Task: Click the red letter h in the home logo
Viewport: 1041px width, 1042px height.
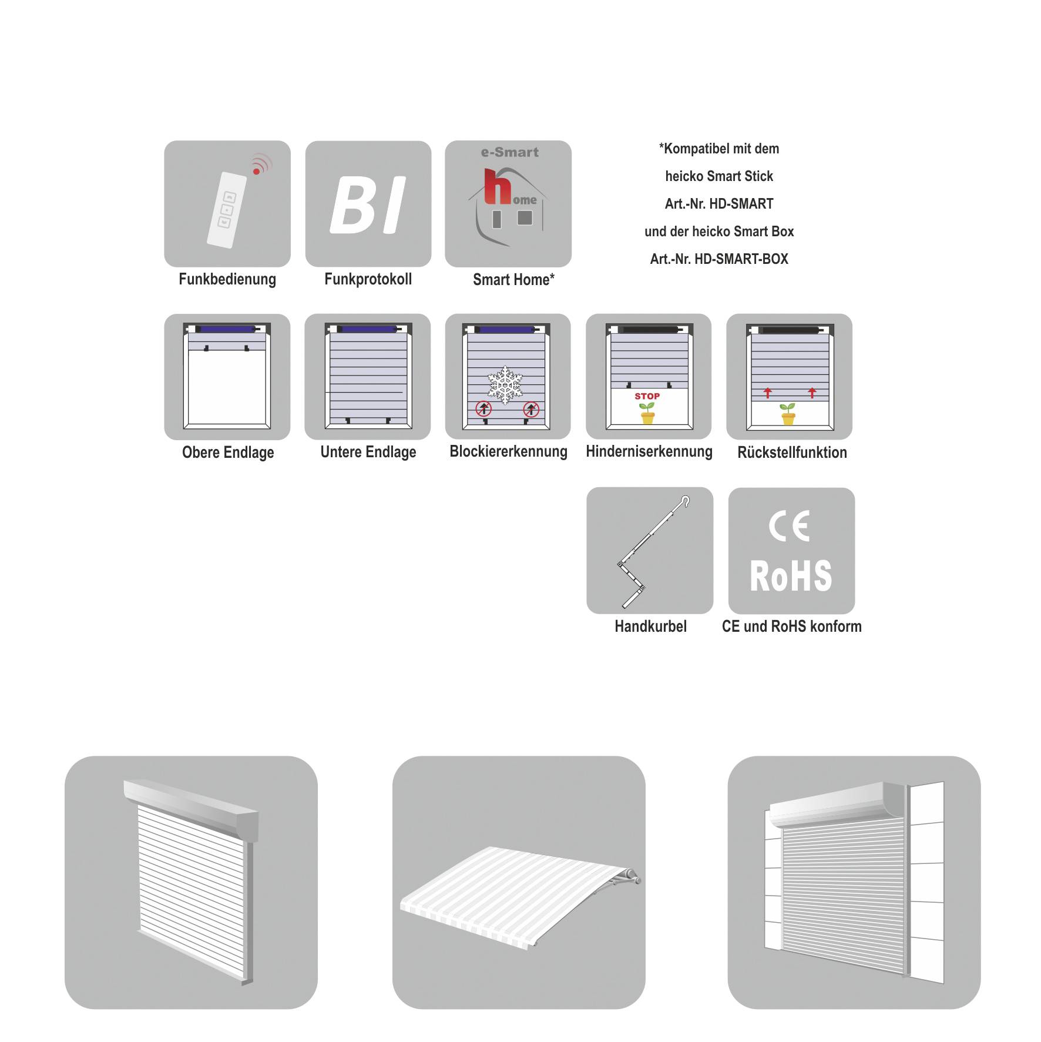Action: coord(498,187)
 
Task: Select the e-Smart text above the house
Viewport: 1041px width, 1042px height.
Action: coord(509,152)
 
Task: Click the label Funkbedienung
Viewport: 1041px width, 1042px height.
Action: coord(227,279)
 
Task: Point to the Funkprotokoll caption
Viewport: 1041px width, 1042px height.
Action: coord(368,279)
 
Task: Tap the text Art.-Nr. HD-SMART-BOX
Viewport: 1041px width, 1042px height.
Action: coord(719,259)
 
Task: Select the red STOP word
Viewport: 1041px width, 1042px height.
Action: coord(647,396)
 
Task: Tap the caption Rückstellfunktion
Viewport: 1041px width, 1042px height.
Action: coord(792,453)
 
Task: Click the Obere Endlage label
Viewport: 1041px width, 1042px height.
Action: coord(228,453)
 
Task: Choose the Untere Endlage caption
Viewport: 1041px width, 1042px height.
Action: coord(368,452)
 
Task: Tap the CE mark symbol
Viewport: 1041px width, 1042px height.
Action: coord(789,526)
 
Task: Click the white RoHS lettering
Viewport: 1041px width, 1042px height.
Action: coord(791,576)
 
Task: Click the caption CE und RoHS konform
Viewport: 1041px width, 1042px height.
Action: coord(792,626)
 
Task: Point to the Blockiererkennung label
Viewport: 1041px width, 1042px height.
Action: coord(509,451)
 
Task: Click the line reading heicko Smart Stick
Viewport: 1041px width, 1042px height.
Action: coord(719,176)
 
